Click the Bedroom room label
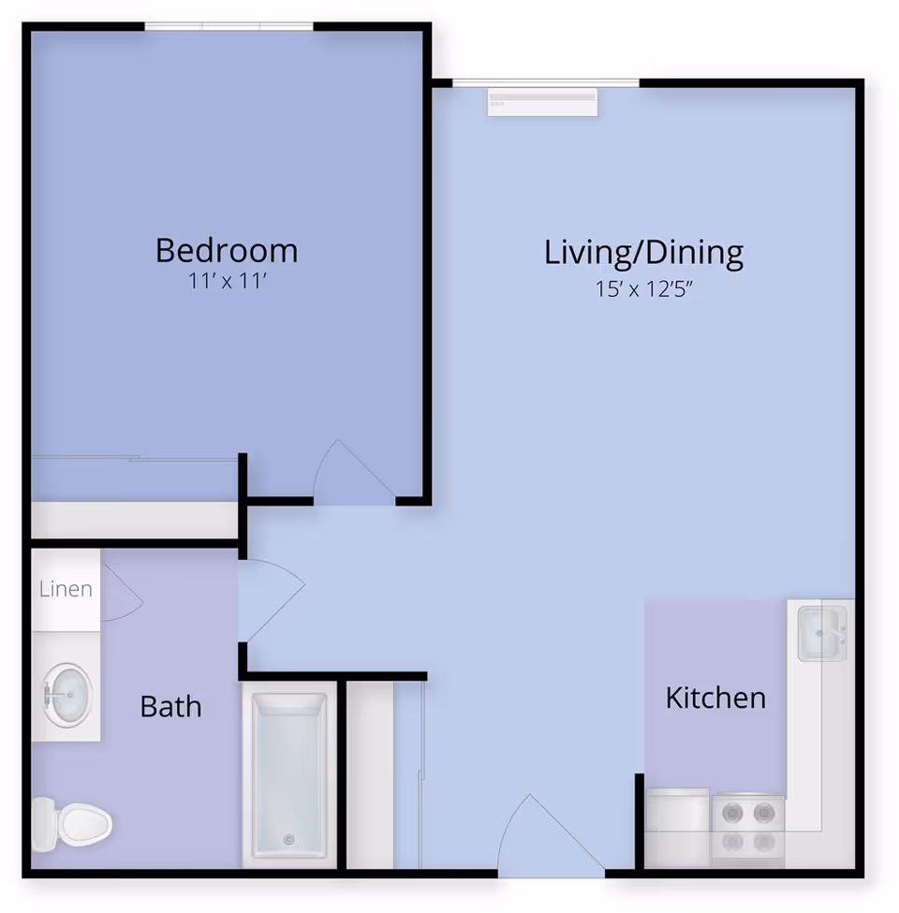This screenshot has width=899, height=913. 227,250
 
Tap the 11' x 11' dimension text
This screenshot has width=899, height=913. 227,281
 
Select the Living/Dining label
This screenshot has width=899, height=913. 643,253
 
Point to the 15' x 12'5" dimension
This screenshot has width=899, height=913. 643,288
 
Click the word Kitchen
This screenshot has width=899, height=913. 715,698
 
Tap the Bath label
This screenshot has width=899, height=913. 170,706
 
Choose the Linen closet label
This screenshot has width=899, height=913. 66,589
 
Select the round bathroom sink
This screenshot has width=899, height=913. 67,695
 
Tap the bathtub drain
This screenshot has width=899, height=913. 288,839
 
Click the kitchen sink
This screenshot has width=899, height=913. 821,634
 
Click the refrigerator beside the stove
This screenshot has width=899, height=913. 677,828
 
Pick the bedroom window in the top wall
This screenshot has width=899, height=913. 228,26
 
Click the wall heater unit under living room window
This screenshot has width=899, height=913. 542,102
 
